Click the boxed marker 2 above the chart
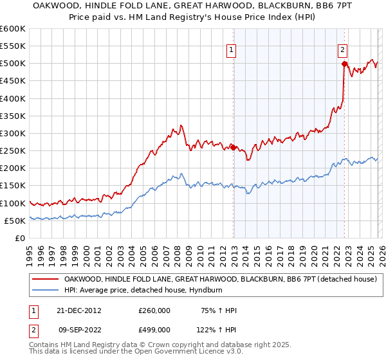(343, 49)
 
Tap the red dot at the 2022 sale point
(345, 64)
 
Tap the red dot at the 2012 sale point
(234, 147)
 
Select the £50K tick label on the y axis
(14, 221)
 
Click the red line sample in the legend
(46, 279)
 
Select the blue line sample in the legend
(46, 290)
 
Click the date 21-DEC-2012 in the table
(79, 310)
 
